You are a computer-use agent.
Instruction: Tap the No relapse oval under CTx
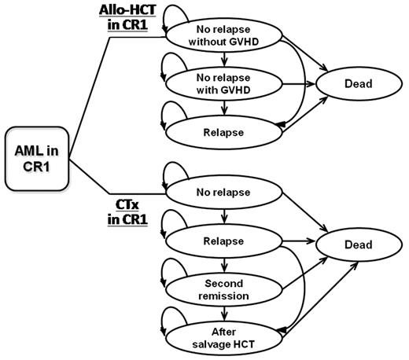[x=224, y=192]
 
